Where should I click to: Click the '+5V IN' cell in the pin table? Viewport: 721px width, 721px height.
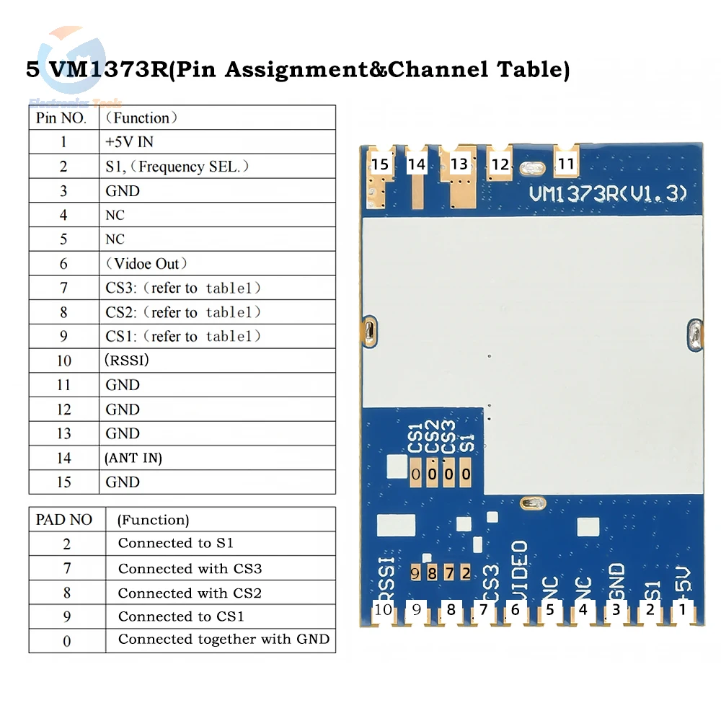click(x=130, y=142)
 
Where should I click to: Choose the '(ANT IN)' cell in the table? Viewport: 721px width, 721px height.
click(x=133, y=458)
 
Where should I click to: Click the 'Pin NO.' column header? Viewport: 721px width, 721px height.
click(x=61, y=118)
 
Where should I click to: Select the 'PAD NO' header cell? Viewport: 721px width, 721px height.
click(x=64, y=520)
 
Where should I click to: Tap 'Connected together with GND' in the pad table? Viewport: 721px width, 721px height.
click(x=224, y=640)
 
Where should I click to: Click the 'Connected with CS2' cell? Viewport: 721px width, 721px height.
click(x=190, y=593)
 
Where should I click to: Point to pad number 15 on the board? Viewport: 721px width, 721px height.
click(x=379, y=164)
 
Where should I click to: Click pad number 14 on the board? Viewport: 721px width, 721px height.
click(x=417, y=164)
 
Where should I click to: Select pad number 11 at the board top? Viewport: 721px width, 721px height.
click(x=567, y=164)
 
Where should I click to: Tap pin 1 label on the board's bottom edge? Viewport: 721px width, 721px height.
click(x=681, y=610)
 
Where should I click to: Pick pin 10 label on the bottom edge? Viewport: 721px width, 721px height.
click(x=384, y=610)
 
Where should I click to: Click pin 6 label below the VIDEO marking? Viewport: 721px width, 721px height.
click(x=515, y=610)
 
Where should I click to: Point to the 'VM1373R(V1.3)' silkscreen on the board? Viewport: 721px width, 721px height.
click(x=608, y=194)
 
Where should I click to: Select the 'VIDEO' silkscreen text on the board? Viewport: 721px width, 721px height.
click(x=519, y=570)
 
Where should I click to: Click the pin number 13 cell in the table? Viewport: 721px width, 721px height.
click(x=63, y=433)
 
